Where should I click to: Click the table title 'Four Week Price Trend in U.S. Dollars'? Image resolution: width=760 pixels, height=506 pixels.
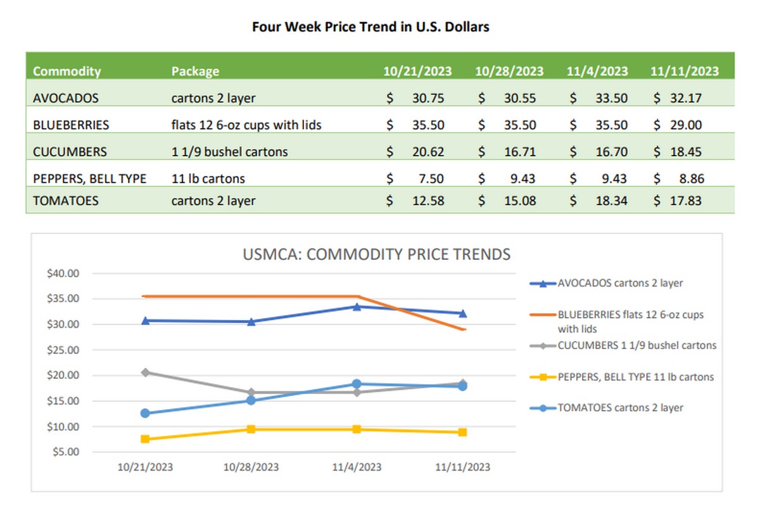[370, 27]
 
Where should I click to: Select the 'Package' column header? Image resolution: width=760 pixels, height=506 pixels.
[195, 71]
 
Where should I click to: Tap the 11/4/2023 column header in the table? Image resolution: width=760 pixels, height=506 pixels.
[597, 71]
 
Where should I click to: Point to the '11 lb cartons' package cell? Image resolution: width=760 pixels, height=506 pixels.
[208, 179]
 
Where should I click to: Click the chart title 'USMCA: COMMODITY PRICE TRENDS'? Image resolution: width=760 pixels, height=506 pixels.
[377, 254]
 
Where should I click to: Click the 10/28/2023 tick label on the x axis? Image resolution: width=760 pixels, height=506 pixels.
[251, 467]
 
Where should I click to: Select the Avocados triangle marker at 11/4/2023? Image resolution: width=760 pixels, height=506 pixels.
[357, 307]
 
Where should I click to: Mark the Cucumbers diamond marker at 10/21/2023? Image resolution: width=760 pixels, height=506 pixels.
[146, 373]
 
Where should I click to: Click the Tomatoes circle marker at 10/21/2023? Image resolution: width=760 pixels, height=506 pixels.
[146, 413]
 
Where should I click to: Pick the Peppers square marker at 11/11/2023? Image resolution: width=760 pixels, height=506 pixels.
[463, 433]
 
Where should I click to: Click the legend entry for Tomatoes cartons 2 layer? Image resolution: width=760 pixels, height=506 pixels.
[619, 408]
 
